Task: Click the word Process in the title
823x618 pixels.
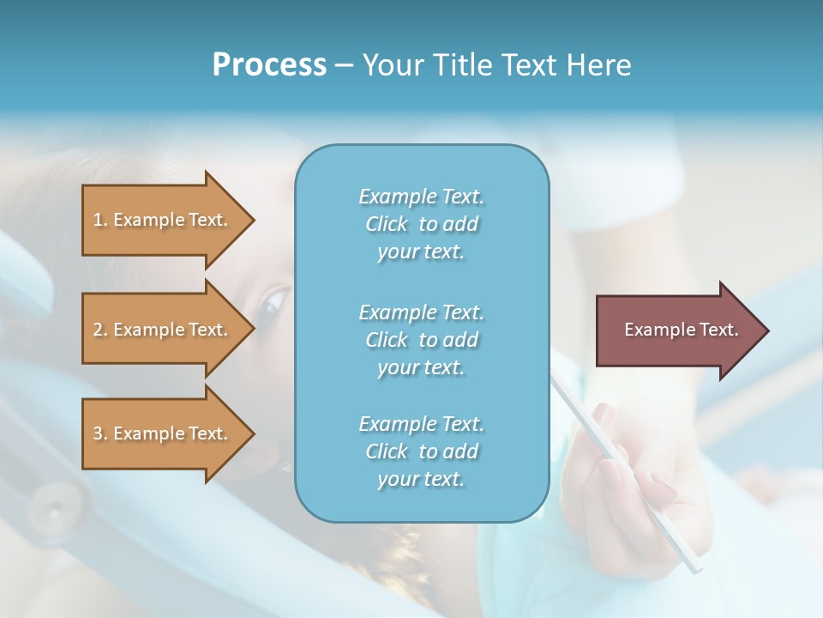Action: [x=269, y=65]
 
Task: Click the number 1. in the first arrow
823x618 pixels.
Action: [x=99, y=220]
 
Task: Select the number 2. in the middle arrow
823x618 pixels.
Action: [x=99, y=330]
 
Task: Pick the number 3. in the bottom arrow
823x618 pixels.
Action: [x=99, y=433]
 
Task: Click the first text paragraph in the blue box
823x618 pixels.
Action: [x=422, y=224]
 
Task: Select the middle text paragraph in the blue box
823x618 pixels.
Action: [x=422, y=340]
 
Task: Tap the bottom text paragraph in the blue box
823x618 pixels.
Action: [x=422, y=451]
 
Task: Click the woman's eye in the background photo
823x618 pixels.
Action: [x=274, y=301]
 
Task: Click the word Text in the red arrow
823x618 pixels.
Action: [x=718, y=330]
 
